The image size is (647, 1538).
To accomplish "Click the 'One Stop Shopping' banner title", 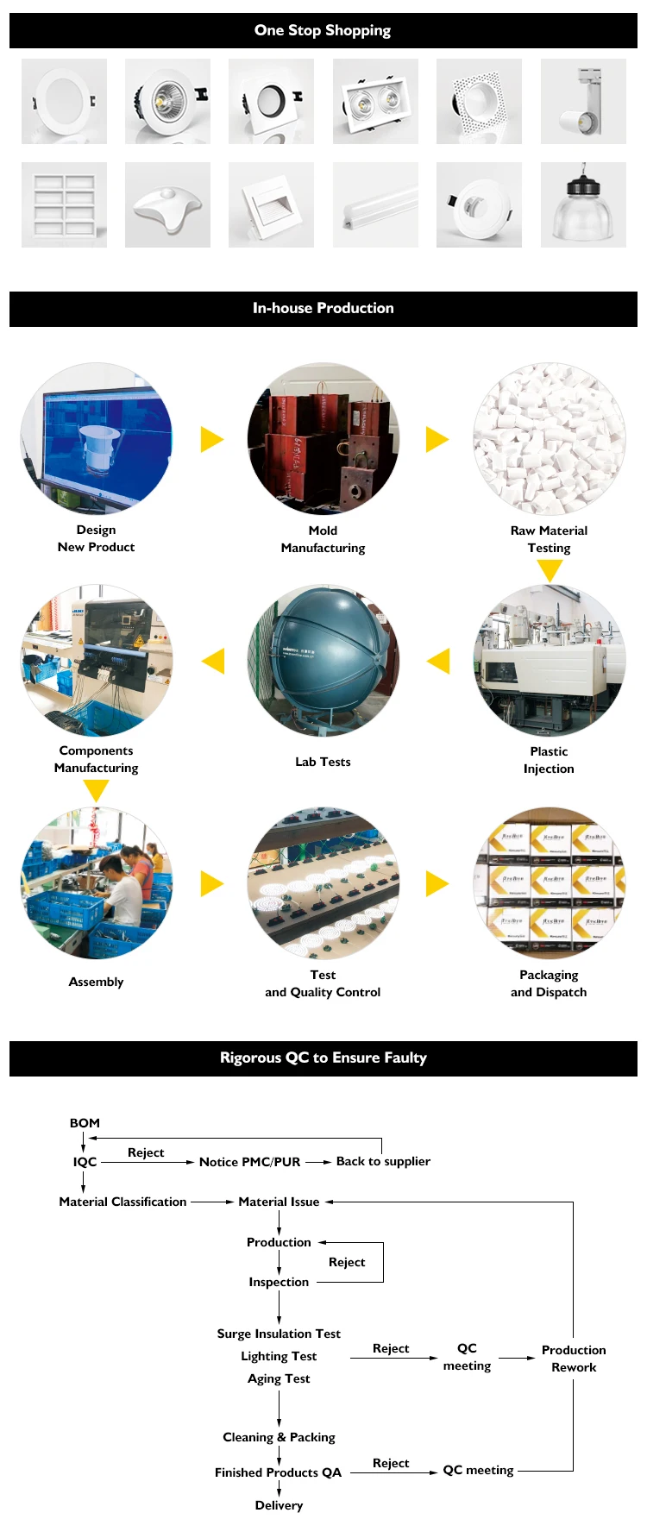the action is point(323,30).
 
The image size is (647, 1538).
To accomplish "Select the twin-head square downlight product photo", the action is point(375,101).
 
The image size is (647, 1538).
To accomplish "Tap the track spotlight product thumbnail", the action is point(583,101).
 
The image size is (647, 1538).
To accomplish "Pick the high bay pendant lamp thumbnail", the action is point(583,204).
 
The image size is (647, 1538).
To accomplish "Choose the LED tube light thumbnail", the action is point(375,204).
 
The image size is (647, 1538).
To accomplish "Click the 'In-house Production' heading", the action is point(323,308).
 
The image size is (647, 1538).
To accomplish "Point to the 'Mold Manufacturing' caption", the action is point(323,539).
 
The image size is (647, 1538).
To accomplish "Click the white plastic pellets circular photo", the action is point(549,438).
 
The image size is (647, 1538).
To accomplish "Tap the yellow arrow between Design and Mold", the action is point(211,439).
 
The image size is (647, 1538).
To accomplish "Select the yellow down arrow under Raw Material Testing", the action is point(550,569).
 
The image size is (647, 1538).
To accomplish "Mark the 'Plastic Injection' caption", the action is point(549,760).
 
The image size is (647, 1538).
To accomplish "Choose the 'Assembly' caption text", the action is point(96,982).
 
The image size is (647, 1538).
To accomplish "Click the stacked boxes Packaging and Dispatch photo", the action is point(549,882).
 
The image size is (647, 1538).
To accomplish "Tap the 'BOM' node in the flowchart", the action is point(85,1123).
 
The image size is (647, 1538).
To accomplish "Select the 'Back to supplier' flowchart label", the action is point(383,1161).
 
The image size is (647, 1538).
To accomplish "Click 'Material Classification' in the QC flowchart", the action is point(122,1202).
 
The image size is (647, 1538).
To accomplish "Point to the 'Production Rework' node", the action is point(574,1359).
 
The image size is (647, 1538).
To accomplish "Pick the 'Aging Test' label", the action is point(279,1378).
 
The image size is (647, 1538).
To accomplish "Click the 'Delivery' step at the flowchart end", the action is point(279,1505).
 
